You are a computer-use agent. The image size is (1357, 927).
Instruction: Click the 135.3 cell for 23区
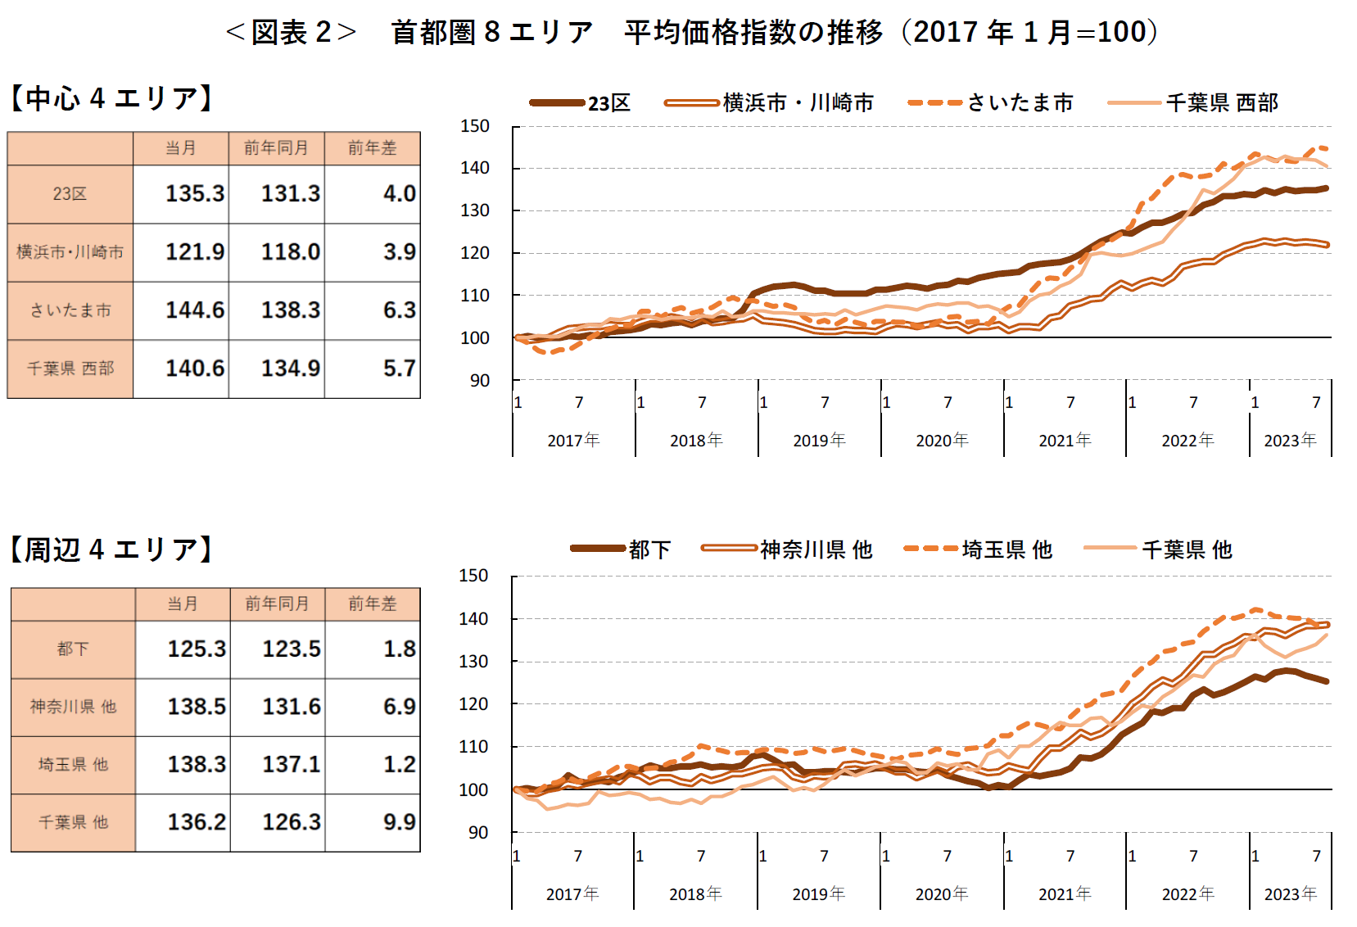pyautogui.click(x=194, y=193)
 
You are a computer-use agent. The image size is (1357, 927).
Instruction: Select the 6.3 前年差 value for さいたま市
pyautogui.click(x=399, y=310)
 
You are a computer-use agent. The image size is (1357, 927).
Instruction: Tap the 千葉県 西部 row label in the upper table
pyautogui.click(x=70, y=369)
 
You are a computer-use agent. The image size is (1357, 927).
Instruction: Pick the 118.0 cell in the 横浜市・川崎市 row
pyautogui.click(x=290, y=251)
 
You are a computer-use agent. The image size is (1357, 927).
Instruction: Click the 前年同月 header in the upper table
pyautogui.click(x=276, y=148)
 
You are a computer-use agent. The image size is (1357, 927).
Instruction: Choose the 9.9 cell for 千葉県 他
pyautogui.click(x=399, y=821)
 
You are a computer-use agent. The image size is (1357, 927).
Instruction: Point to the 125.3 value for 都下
pyautogui.click(x=196, y=649)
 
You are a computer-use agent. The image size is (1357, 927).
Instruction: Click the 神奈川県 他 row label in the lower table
pyautogui.click(x=73, y=707)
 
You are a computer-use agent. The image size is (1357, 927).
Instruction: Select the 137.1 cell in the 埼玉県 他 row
pyautogui.click(x=291, y=764)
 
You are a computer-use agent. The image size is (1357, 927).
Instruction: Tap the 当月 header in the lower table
pyautogui.click(x=182, y=604)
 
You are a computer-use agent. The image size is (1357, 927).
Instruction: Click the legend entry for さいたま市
pyautogui.click(x=1020, y=102)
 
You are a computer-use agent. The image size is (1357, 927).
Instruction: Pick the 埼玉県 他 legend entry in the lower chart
pyautogui.click(x=1006, y=549)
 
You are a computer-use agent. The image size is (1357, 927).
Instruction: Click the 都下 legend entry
pyautogui.click(x=649, y=549)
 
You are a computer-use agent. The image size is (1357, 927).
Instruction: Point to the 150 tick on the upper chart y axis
pyautogui.click(x=474, y=126)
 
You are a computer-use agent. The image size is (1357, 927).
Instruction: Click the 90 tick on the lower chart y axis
pyautogui.click(x=477, y=832)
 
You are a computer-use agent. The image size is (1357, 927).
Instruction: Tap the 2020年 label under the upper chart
pyautogui.click(x=942, y=441)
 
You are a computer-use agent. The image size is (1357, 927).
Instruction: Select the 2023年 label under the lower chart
pyautogui.click(x=1290, y=894)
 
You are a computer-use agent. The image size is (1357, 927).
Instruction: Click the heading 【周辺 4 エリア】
pyautogui.click(x=111, y=549)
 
